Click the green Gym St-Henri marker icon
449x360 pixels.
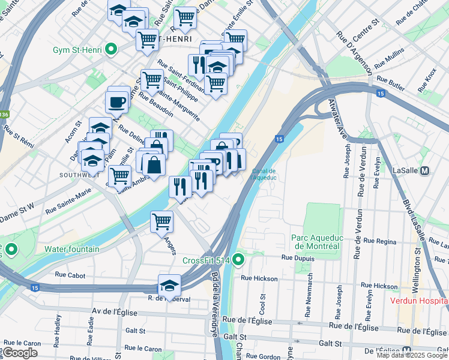(110, 50)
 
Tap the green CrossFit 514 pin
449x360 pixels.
(238, 260)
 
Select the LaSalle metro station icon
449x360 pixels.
(425, 170)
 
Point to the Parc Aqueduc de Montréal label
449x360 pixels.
(315, 242)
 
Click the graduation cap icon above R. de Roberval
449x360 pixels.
(170, 284)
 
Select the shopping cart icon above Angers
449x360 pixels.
(161, 221)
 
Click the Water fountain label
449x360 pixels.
(71, 248)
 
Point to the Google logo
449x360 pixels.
(20, 353)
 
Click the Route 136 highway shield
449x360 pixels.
(5, 113)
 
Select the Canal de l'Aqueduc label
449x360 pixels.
(264, 174)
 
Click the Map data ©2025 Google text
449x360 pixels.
(411, 355)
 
